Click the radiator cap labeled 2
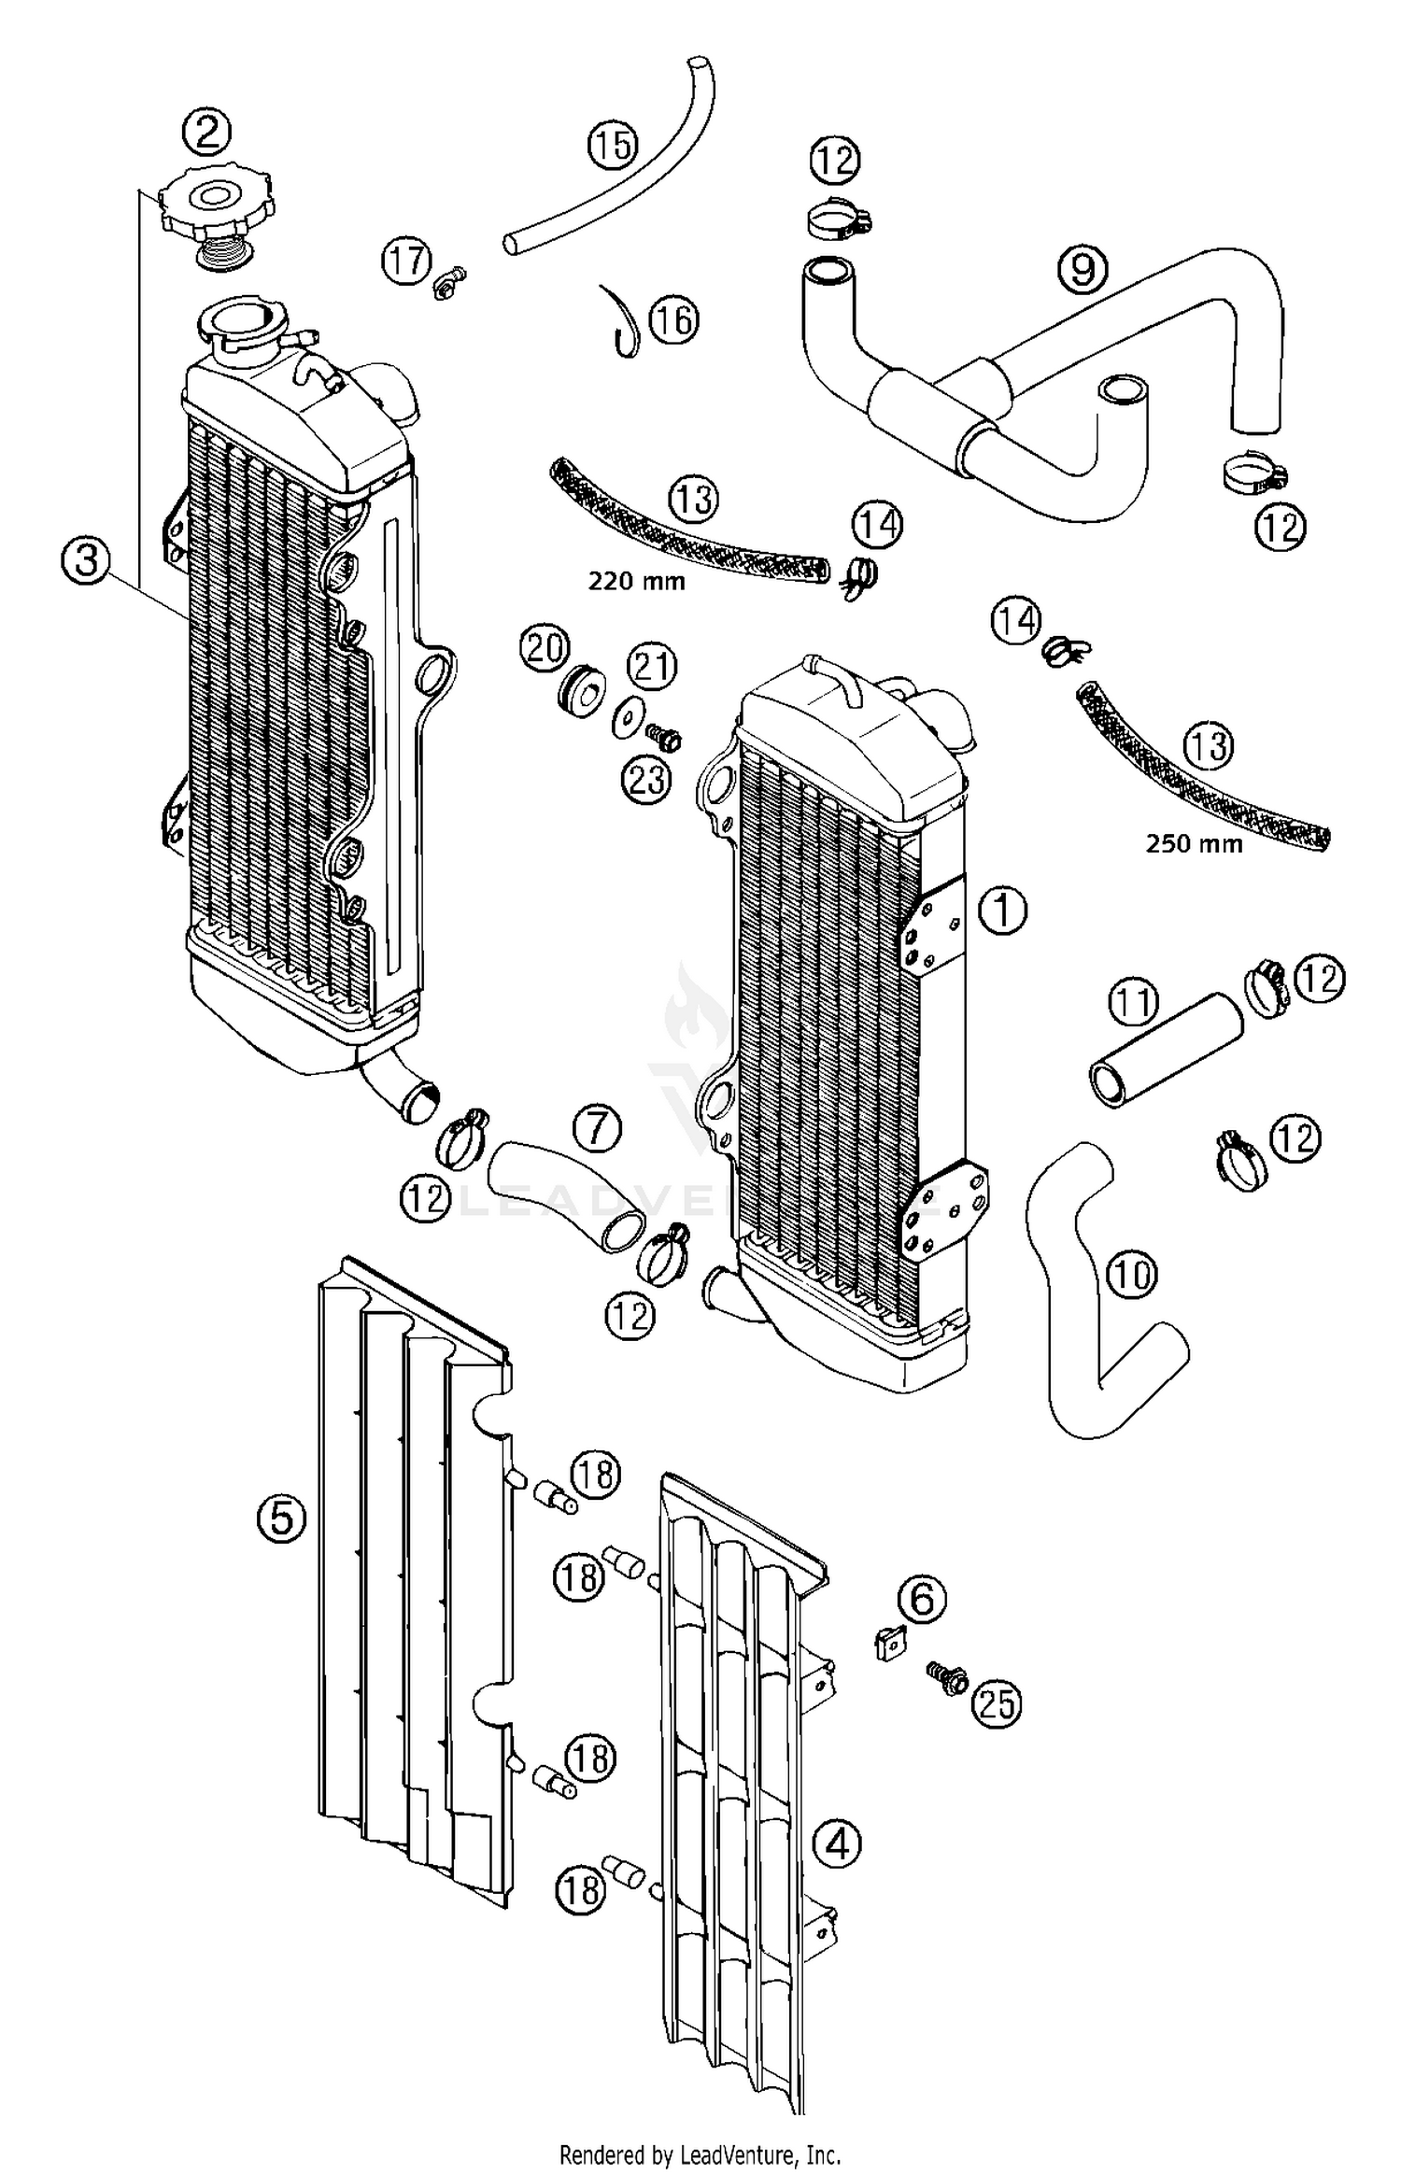216,207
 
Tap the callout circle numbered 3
86,563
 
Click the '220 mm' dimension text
636,582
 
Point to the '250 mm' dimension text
1194,844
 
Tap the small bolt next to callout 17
449,281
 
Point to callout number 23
646,780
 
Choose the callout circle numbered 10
1132,1274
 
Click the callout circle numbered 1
1001,909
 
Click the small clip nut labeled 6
892,1644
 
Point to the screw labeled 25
944,1678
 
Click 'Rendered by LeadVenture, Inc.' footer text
700,2148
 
